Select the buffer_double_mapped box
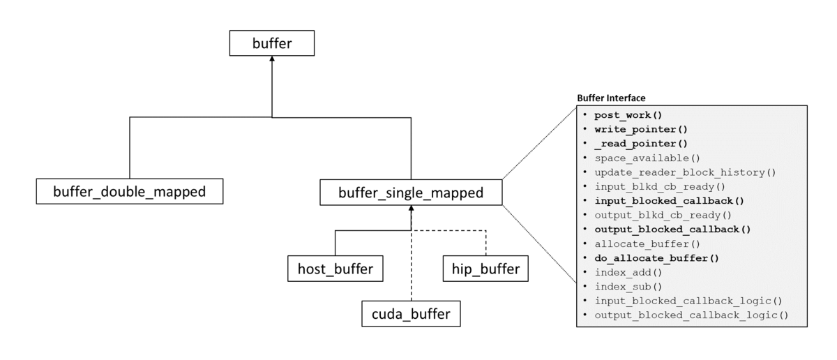[x=129, y=190]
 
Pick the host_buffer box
[x=335, y=269]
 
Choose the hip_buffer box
[x=485, y=269]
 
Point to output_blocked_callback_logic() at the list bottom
[x=691, y=315]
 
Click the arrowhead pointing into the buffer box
[x=272, y=61]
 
